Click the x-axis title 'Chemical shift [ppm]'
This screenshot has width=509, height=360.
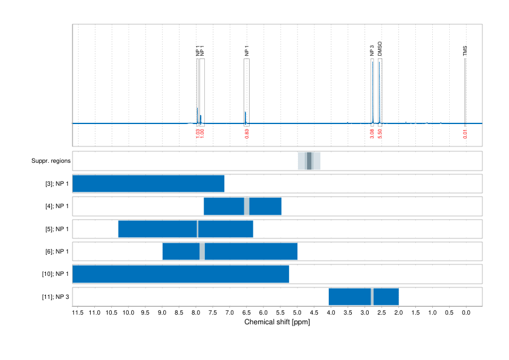(277, 322)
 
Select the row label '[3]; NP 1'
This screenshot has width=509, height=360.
(57, 184)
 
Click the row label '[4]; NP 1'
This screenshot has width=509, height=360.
(57, 206)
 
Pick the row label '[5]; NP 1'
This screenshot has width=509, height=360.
(57, 229)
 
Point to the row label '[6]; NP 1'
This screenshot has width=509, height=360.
(57, 252)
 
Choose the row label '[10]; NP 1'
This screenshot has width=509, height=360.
(55, 274)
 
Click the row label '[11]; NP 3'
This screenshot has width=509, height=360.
(55, 297)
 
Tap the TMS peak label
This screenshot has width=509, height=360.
(465, 51)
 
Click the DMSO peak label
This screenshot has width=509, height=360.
(380, 49)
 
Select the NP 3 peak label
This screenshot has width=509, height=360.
(372, 51)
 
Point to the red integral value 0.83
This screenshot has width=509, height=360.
(247, 134)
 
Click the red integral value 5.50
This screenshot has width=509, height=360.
(380, 134)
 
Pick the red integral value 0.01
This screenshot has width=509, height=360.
(465, 134)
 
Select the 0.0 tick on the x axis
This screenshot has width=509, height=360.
(466, 313)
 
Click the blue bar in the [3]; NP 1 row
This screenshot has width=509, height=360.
(148, 184)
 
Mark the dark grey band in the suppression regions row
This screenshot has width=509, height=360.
(309, 161)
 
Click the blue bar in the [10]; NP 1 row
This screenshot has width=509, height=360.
(181, 274)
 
